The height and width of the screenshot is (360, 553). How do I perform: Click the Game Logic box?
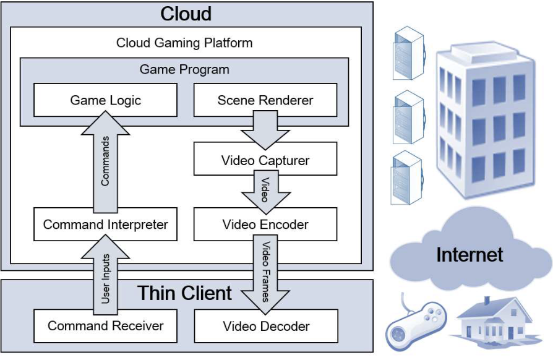click(x=105, y=100)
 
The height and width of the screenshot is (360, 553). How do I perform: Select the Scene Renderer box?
click(x=265, y=100)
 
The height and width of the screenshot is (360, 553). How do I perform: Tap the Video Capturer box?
click(x=265, y=160)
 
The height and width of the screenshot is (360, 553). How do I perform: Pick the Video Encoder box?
click(x=265, y=224)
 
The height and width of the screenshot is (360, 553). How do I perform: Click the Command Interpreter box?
click(x=105, y=224)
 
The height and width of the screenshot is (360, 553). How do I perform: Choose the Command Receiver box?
click(x=105, y=325)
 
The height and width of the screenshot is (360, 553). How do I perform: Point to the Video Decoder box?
click(x=266, y=325)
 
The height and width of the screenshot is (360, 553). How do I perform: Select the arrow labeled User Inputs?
click(x=105, y=275)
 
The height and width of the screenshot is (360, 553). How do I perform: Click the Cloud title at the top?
click(x=186, y=14)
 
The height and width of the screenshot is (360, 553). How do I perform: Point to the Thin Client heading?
click(x=184, y=293)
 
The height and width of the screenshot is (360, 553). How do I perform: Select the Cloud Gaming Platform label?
click(x=184, y=43)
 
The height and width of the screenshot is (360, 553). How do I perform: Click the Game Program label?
click(x=184, y=69)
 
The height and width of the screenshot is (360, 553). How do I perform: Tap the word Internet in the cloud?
click(x=469, y=254)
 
